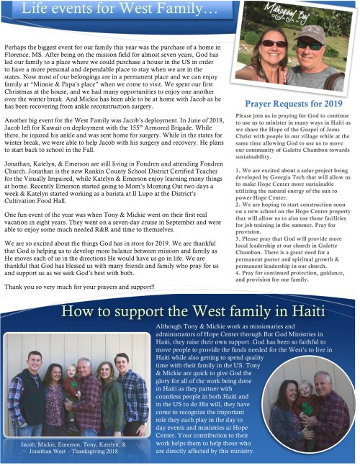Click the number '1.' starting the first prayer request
pos(238,170)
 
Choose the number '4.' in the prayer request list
pos(238,273)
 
